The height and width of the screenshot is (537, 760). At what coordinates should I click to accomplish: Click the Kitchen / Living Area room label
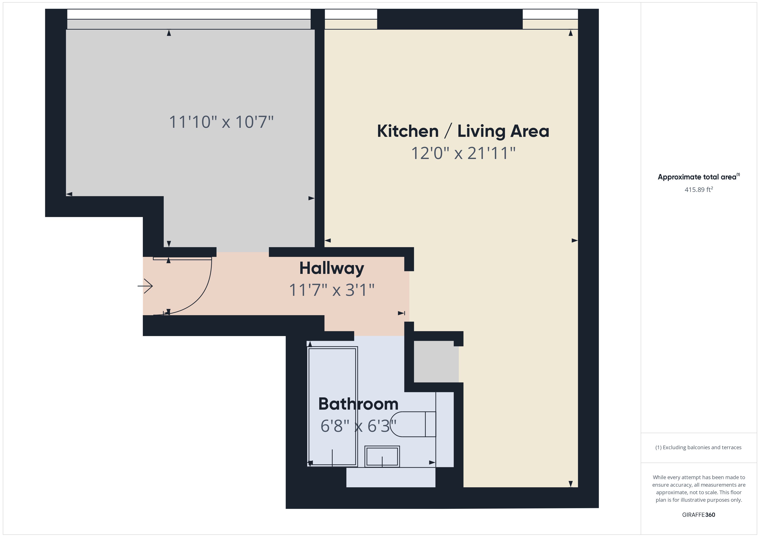[463, 131]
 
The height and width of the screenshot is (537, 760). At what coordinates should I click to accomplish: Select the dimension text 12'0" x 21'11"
[463, 153]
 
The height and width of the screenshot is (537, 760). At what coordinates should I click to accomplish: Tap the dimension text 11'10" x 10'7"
[221, 122]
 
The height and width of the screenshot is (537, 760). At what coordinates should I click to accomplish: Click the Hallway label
[332, 268]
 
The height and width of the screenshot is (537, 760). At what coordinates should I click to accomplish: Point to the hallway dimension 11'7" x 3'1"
[332, 290]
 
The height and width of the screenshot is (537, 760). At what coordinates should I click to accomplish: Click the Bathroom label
[358, 404]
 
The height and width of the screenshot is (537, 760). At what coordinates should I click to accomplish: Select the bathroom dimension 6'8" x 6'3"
[358, 426]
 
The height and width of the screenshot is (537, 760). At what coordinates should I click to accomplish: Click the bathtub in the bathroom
[333, 406]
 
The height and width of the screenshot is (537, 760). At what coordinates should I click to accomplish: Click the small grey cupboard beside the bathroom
[436, 361]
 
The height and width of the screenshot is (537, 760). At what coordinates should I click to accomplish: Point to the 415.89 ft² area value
[698, 190]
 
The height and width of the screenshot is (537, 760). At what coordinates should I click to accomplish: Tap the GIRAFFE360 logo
[698, 515]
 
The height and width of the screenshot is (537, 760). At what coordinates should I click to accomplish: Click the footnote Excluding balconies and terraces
[698, 447]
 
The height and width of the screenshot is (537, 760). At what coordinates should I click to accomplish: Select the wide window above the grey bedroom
[189, 19]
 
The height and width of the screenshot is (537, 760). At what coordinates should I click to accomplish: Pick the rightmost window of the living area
[550, 19]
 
